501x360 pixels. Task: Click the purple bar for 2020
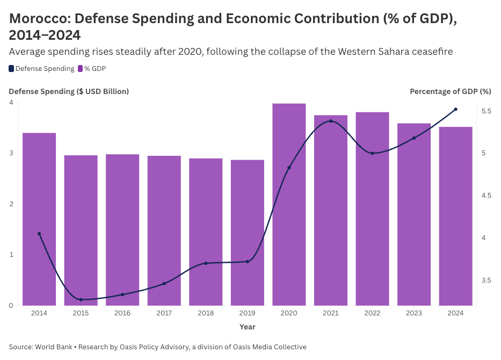[x=289, y=204]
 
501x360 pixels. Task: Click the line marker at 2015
[x=81, y=300]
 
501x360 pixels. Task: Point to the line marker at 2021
[x=331, y=121]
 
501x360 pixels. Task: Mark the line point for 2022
[x=372, y=153]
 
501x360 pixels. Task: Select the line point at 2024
[x=455, y=109]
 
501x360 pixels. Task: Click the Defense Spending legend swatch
[x=12, y=69]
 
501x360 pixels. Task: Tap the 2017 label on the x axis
[x=164, y=313]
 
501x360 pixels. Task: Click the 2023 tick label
[x=414, y=313]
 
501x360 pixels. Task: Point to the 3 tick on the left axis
[x=11, y=153]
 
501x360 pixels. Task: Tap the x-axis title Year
[x=248, y=327]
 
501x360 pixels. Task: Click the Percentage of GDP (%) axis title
[x=450, y=91]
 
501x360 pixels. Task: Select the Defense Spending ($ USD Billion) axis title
[x=69, y=91]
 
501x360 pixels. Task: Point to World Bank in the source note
[x=54, y=347]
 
